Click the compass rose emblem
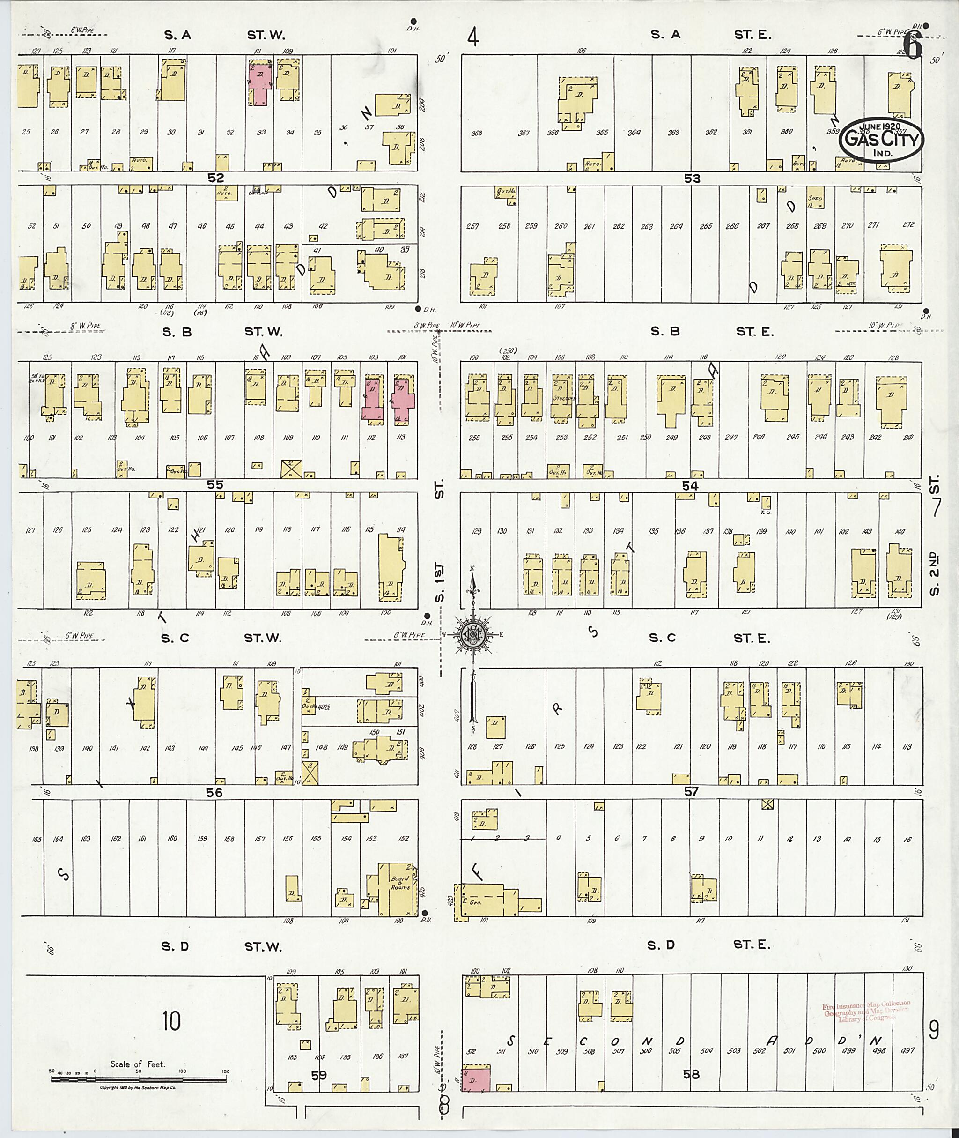pos(474,634)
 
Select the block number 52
pos(215,178)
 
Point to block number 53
pos(692,179)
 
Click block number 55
pos(215,485)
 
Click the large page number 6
pos(913,46)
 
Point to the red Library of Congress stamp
pos(867,1010)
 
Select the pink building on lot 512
pos(476,1078)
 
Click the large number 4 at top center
pos(473,38)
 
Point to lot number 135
pos(654,531)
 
